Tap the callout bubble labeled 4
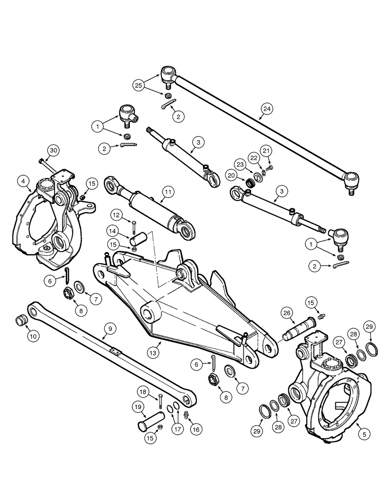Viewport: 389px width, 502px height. coord(23,180)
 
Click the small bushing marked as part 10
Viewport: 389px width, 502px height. coord(22,319)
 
